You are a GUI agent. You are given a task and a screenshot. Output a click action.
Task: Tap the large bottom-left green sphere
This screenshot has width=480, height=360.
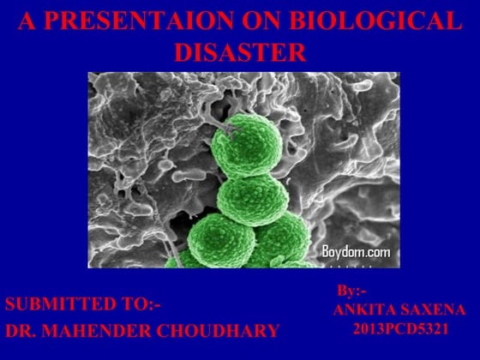(x=222, y=242)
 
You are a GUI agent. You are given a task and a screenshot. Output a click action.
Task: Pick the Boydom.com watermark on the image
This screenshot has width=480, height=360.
(x=356, y=251)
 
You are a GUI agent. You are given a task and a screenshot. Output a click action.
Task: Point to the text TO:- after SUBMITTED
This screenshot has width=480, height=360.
(x=140, y=303)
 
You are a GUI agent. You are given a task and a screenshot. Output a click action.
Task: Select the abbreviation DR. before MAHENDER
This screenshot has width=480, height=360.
(x=24, y=330)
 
